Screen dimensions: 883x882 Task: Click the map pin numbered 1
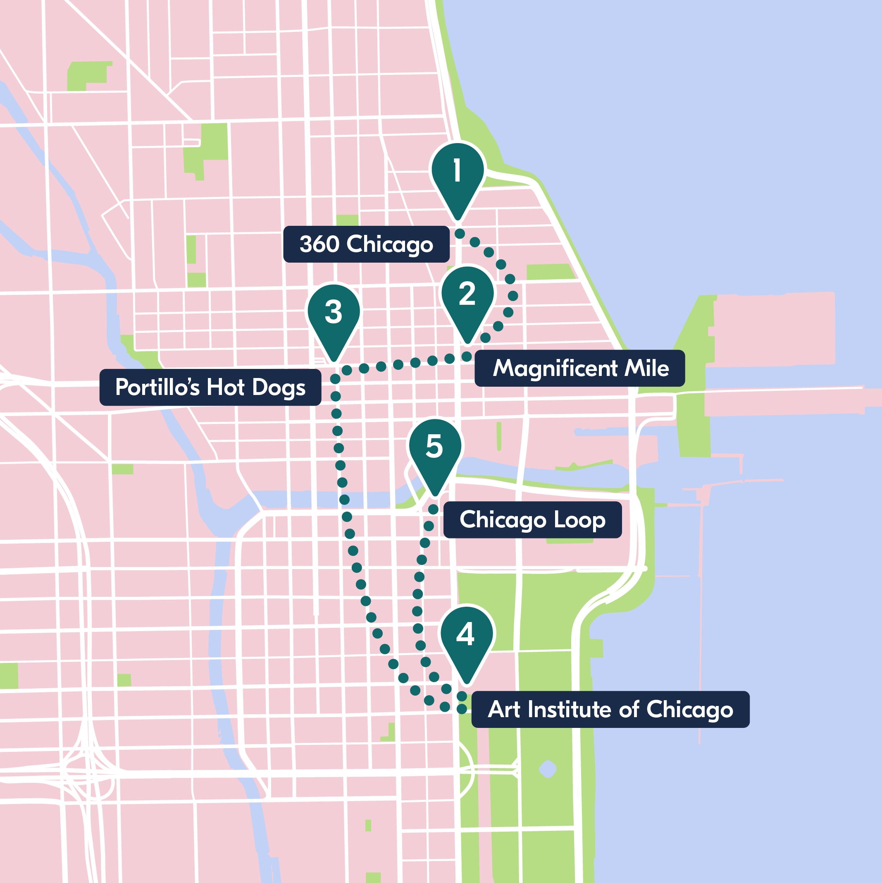[457, 176]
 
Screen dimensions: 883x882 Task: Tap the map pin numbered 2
[467, 299]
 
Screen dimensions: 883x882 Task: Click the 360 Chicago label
[366, 244]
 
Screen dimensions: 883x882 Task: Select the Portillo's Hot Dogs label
[210, 387]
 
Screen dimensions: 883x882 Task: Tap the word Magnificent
[555, 369]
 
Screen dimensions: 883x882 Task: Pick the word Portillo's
[157, 387]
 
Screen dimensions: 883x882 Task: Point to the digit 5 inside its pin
[434, 446]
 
